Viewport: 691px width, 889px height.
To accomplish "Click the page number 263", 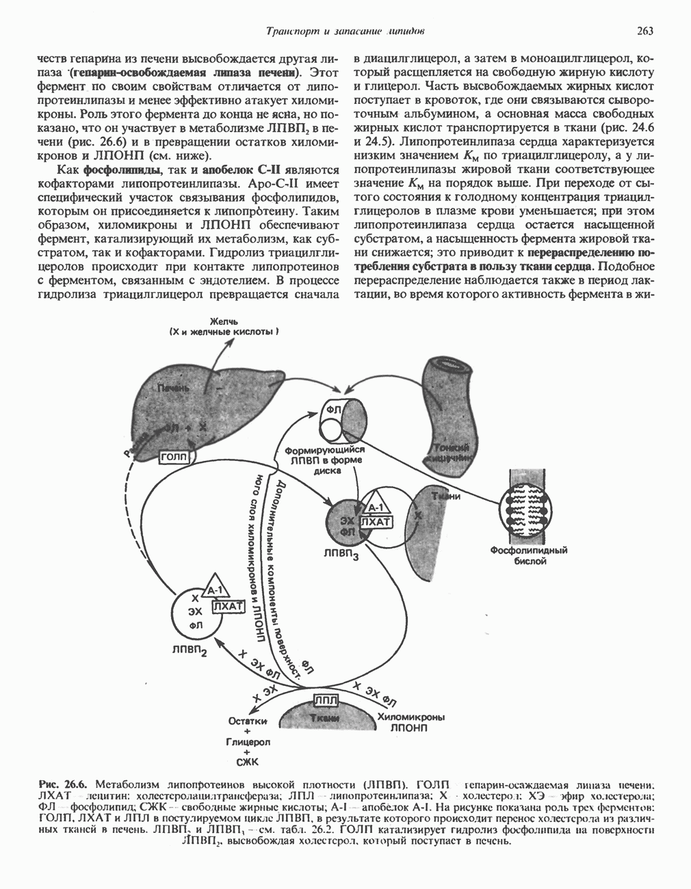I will point(644,31).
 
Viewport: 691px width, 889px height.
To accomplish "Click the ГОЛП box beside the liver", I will point(176,456).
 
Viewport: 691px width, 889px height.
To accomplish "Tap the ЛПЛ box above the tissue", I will point(326,699).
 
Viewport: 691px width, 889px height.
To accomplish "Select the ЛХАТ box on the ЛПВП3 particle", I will point(375,523).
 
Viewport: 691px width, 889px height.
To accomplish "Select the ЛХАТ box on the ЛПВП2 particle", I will point(228,606).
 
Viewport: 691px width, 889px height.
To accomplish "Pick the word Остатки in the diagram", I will point(247,721).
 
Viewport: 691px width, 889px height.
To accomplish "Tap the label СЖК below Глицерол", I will point(247,760).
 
